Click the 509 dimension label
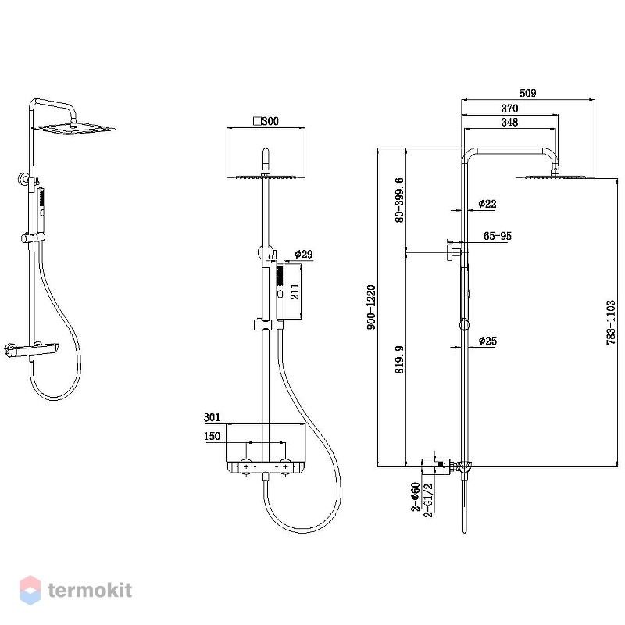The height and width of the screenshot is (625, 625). point(528,93)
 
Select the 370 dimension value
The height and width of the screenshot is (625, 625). point(509,109)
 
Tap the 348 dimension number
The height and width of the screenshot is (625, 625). point(509,122)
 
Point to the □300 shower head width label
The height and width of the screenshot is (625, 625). point(266,121)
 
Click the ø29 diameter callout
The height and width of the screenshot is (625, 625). point(304,254)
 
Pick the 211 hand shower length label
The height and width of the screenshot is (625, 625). point(295,291)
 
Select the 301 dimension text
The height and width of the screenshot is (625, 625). point(212,417)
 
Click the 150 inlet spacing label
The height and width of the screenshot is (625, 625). point(212,436)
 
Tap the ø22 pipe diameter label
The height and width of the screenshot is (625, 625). point(487,204)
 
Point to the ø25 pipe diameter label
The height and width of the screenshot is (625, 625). point(487,341)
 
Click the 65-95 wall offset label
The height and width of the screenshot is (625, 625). point(498,236)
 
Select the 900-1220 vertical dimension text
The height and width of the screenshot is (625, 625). point(372,307)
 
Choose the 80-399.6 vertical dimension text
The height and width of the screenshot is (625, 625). point(399,200)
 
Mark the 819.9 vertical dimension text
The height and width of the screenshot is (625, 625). point(399,359)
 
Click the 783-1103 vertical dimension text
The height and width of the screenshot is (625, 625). point(611,323)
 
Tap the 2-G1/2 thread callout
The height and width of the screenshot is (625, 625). point(427,501)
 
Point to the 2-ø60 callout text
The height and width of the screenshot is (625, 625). point(416,497)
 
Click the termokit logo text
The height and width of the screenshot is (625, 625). point(90,590)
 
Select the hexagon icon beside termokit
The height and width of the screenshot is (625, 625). point(30,590)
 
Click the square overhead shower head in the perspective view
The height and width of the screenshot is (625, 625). point(73,129)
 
